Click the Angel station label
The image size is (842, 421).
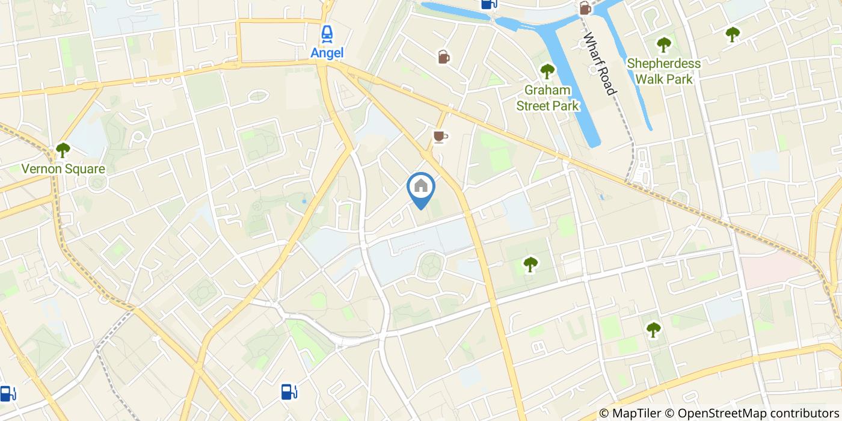(x=327, y=53)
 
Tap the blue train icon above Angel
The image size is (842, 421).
(x=327, y=34)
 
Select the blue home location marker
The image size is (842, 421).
(x=421, y=187)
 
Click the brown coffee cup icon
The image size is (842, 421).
(x=440, y=137)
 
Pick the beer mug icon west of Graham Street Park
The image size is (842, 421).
(x=443, y=57)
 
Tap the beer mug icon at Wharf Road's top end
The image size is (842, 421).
(x=585, y=8)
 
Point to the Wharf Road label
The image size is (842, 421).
(x=599, y=63)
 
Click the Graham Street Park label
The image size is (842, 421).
(x=547, y=98)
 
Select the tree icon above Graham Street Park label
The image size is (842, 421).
(x=547, y=72)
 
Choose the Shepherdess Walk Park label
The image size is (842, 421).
(x=663, y=71)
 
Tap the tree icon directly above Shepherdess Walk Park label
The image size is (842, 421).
(x=663, y=45)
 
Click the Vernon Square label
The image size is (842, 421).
(x=63, y=169)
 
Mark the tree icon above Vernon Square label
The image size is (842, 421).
(x=63, y=149)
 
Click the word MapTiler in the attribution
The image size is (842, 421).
(x=635, y=413)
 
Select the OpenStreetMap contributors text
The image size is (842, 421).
(x=758, y=413)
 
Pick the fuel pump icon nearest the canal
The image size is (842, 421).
(x=489, y=4)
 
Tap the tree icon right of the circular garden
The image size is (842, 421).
(x=530, y=264)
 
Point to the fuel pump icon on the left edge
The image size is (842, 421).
(x=8, y=394)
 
